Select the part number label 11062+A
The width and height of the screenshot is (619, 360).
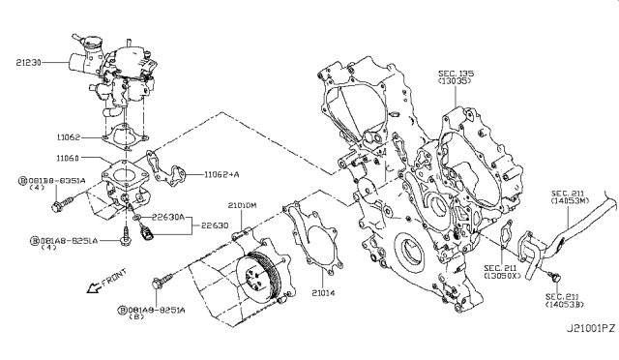pyautogui.click(x=224, y=175)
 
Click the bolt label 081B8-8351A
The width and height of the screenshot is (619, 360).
pyautogui.click(x=50, y=180)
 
